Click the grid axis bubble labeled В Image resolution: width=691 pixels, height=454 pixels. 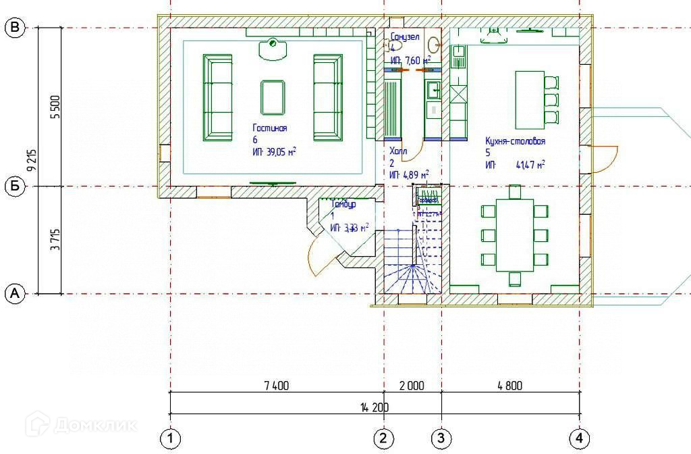pyautogui.click(x=15, y=28)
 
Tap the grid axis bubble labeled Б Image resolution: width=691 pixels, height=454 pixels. pyautogui.click(x=15, y=186)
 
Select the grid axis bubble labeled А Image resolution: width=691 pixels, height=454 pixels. pyautogui.click(x=15, y=293)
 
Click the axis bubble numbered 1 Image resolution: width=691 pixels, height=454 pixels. pyautogui.click(x=170, y=438)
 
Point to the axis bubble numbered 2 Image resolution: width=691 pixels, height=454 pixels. pyautogui.click(x=384, y=438)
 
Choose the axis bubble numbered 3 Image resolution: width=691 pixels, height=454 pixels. pyautogui.click(x=441, y=438)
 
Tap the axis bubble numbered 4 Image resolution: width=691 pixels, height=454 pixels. pyautogui.click(x=579, y=438)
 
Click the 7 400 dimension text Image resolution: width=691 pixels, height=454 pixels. pyautogui.click(x=276, y=386)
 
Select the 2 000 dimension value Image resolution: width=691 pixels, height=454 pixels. pyautogui.click(x=412, y=386)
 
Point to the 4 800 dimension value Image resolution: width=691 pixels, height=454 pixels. pyautogui.click(x=509, y=386)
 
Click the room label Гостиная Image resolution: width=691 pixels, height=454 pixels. pyautogui.click(x=270, y=128)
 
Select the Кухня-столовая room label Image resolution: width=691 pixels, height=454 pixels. pyautogui.click(x=515, y=142)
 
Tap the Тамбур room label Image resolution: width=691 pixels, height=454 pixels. pyautogui.click(x=343, y=204)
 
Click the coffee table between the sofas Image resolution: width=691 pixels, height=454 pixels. pyautogui.click(x=272, y=97)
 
